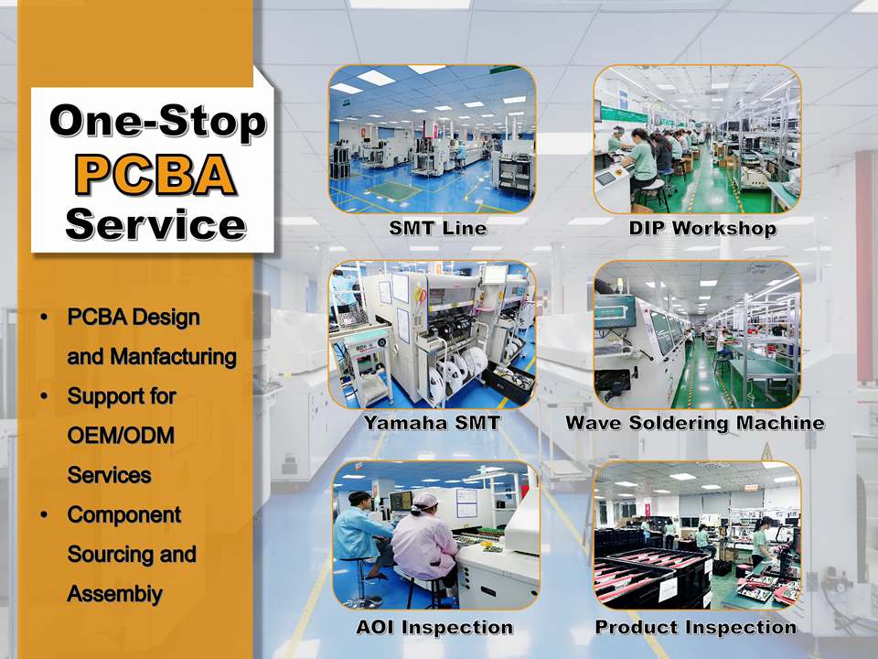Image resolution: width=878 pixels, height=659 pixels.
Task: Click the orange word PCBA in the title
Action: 155,174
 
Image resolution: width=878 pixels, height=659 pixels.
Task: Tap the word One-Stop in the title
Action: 158,121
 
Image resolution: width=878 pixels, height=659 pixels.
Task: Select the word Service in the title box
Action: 155,224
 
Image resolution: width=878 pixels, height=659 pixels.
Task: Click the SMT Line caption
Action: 438,228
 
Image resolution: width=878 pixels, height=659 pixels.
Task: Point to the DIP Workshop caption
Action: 702,228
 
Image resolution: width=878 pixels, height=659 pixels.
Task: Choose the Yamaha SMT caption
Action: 432,422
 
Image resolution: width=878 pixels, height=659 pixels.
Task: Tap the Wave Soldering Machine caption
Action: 695,423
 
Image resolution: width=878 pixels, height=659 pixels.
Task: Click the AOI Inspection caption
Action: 434,627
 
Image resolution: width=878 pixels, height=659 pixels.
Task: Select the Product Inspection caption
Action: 695,627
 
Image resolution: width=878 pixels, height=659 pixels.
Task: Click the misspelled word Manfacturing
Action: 174,357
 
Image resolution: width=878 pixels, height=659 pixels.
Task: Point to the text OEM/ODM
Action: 121,436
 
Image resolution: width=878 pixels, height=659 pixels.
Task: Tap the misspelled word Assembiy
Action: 115,594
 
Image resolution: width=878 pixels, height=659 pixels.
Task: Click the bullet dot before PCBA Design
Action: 44,318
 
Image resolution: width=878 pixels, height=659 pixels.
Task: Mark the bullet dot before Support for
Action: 44,396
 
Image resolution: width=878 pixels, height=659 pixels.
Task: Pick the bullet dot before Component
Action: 44,514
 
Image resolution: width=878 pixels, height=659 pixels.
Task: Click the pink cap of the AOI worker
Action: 425,501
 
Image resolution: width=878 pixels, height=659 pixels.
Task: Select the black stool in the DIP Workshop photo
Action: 650,194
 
